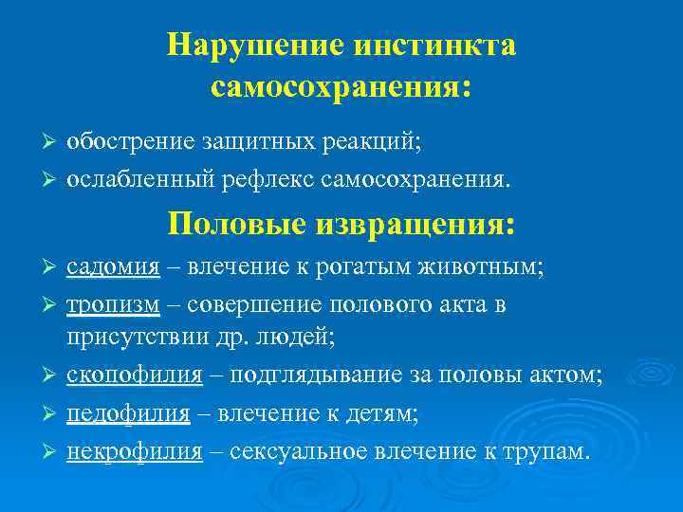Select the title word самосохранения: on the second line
point(341,87)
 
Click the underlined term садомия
point(113,268)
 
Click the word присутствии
point(132,337)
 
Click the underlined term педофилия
point(128,413)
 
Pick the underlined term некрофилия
point(134,451)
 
